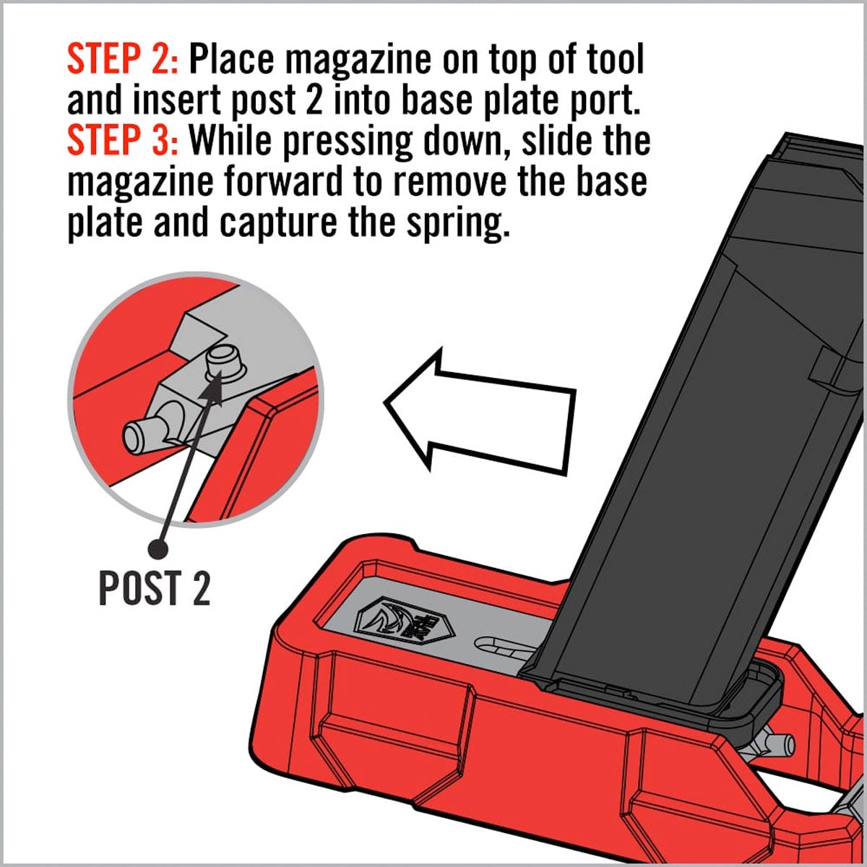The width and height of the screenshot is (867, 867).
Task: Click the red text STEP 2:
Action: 121,59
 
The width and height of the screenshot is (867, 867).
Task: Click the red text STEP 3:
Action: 121,141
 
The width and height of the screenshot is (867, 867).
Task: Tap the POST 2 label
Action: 154,588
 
